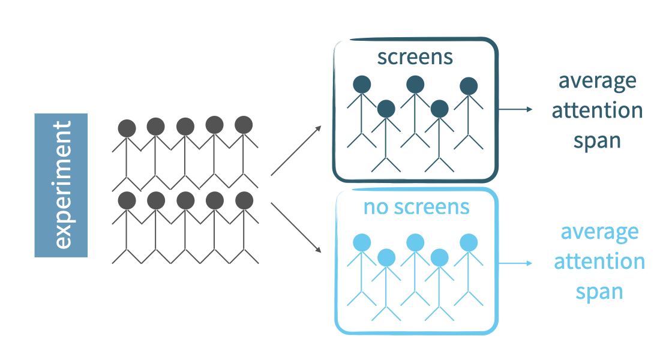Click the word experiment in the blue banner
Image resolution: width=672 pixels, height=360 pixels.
[x=62, y=185]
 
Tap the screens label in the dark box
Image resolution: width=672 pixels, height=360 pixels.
[x=415, y=57]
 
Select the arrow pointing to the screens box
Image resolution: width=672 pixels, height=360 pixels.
[x=296, y=151]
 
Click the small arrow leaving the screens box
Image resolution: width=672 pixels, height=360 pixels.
[x=515, y=109]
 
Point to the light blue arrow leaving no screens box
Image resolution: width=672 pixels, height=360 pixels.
[x=515, y=263]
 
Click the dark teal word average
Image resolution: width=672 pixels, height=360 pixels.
[x=598, y=81]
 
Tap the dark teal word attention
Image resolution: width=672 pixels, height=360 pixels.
[x=598, y=111]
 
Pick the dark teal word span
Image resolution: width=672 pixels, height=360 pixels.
[x=597, y=142]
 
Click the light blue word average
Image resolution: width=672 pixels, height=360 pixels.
[x=599, y=232]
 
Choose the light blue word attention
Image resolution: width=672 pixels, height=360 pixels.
[x=599, y=262]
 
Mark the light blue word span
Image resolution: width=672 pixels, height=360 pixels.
[x=599, y=292]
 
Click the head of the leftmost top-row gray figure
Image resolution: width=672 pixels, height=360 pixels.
[x=127, y=128]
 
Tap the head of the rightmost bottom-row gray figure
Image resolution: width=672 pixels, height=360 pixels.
[x=244, y=199]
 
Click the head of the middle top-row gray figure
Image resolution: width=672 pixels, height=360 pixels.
[x=185, y=127]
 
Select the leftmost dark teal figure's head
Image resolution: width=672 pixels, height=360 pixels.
[x=362, y=84]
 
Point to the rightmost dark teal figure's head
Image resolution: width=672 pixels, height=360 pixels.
[x=469, y=86]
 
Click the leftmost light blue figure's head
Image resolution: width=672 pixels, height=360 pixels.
[x=362, y=242]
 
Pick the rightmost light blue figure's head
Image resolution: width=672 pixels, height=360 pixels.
[x=469, y=242]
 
